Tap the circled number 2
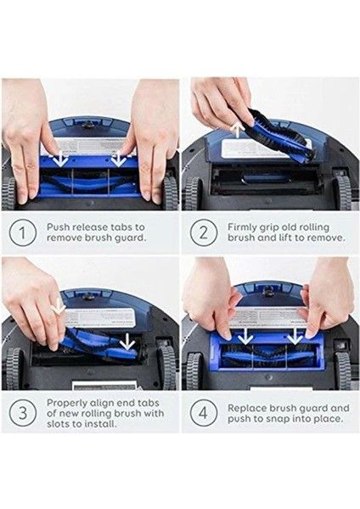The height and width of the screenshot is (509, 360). click(x=202, y=232)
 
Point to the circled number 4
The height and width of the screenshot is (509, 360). click(x=202, y=413)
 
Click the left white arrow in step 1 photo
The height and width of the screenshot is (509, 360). click(x=61, y=158)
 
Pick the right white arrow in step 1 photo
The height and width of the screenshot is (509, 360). click(x=118, y=158)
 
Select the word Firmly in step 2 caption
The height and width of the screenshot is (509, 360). click(x=246, y=227)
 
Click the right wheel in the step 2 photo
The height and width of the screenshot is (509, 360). click(x=343, y=191)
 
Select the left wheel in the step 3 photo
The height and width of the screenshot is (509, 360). click(x=12, y=366)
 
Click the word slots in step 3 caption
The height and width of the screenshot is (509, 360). click(x=61, y=423)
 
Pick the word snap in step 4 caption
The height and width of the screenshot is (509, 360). click(x=272, y=418)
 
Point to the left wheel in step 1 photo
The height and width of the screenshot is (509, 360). click(x=8, y=191)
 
